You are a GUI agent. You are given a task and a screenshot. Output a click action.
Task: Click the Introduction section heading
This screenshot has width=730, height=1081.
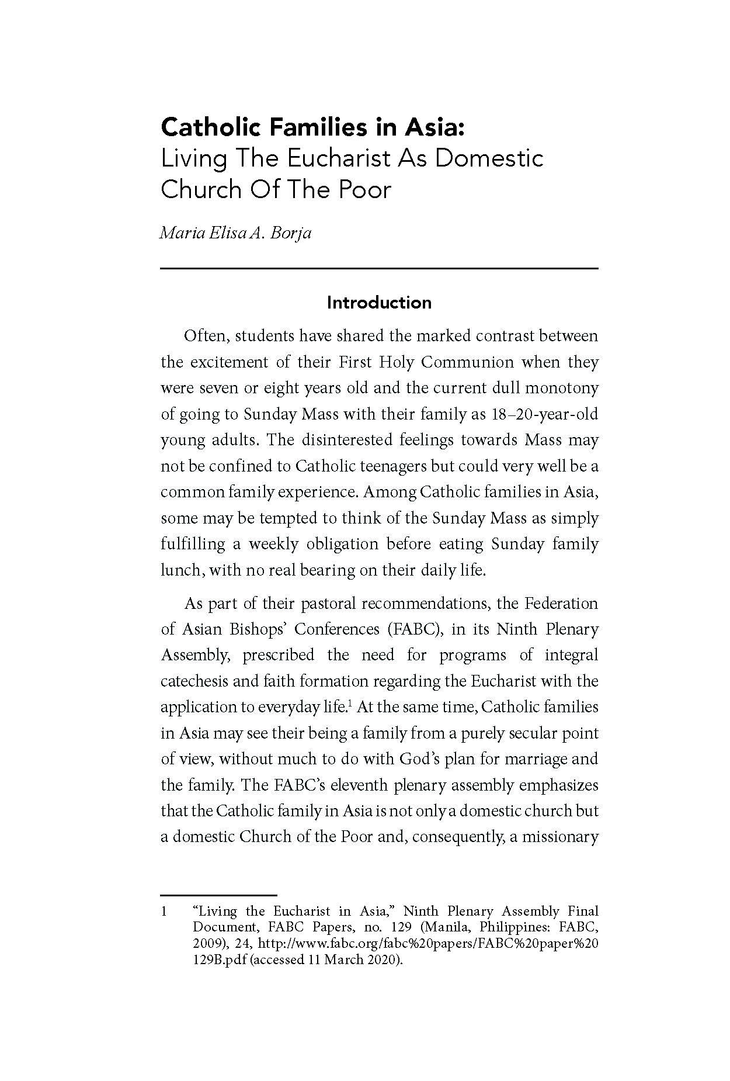pos(379,303)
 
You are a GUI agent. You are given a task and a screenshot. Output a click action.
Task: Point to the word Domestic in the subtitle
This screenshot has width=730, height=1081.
pos(489,158)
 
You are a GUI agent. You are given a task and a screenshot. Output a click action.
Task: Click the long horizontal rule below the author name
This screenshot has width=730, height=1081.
pos(379,268)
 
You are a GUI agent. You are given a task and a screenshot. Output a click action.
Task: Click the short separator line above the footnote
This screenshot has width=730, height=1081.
pos(218,895)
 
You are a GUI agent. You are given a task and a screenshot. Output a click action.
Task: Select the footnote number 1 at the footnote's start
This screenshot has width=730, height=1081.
pos(164,912)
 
